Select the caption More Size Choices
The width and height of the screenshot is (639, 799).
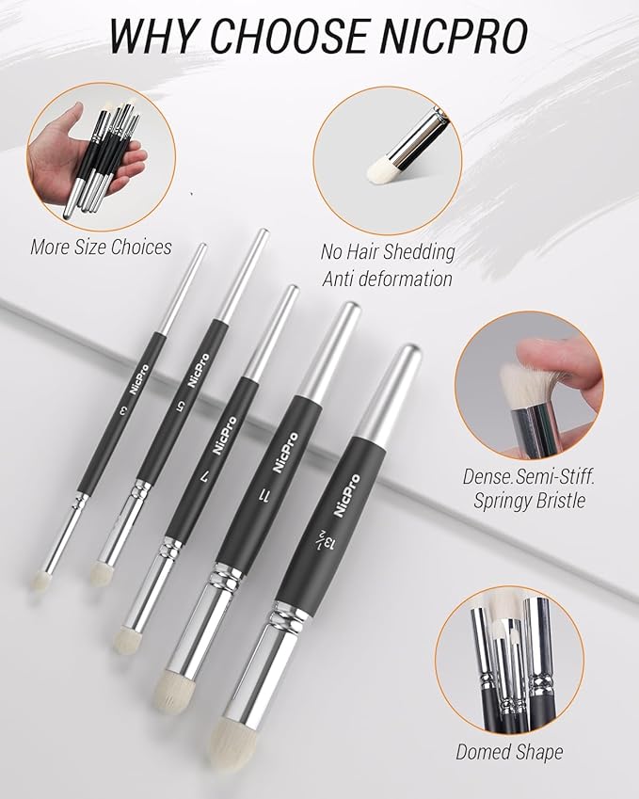(101, 248)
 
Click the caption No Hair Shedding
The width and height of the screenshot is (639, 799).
(388, 252)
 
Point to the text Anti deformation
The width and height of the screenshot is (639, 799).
(387, 279)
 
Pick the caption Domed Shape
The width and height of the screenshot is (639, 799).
(509, 751)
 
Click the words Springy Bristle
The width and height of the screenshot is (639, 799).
(529, 501)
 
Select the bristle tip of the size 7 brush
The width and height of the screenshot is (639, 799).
(124, 640)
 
